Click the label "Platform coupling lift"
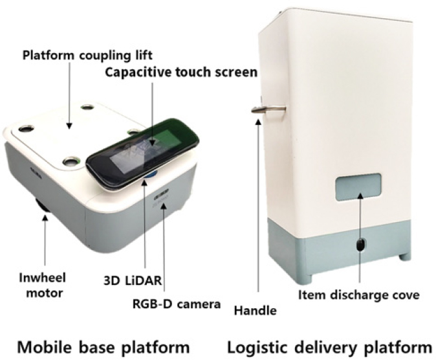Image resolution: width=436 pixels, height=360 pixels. pyautogui.click(x=87, y=56)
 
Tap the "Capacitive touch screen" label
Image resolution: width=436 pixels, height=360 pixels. pyautogui.click(x=181, y=73)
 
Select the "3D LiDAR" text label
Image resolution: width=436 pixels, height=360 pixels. pyautogui.click(x=133, y=280)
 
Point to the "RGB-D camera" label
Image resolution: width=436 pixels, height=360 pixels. pyautogui.click(x=177, y=304)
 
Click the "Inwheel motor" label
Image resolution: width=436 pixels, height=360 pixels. pyautogui.click(x=43, y=286)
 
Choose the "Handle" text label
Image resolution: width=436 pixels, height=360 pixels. pyautogui.click(x=256, y=310)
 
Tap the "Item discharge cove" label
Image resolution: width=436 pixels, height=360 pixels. pyautogui.click(x=359, y=295)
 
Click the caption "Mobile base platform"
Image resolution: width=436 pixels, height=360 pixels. pyautogui.click(x=104, y=347)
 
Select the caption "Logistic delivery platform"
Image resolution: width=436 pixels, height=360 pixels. pyautogui.click(x=330, y=347)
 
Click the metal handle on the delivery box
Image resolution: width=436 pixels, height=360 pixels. pyautogui.click(x=268, y=109)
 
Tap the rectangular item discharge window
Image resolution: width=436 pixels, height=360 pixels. pyautogui.click(x=358, y=187)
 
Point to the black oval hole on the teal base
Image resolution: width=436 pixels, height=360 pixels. pyautogui.click(x=360, y=245)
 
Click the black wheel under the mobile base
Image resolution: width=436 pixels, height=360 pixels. pyautogui.click(x=43, y=207)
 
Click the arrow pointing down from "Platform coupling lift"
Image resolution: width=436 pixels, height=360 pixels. pyautogui.click(x=69, y=95)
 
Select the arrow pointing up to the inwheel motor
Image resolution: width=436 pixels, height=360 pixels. pyautogui.click(x=45, y=240)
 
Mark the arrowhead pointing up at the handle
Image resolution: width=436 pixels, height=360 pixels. pyautogui.click(x=259, y=122)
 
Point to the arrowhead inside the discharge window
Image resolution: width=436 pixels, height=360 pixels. pyautogui.click(x=360, y=196)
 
